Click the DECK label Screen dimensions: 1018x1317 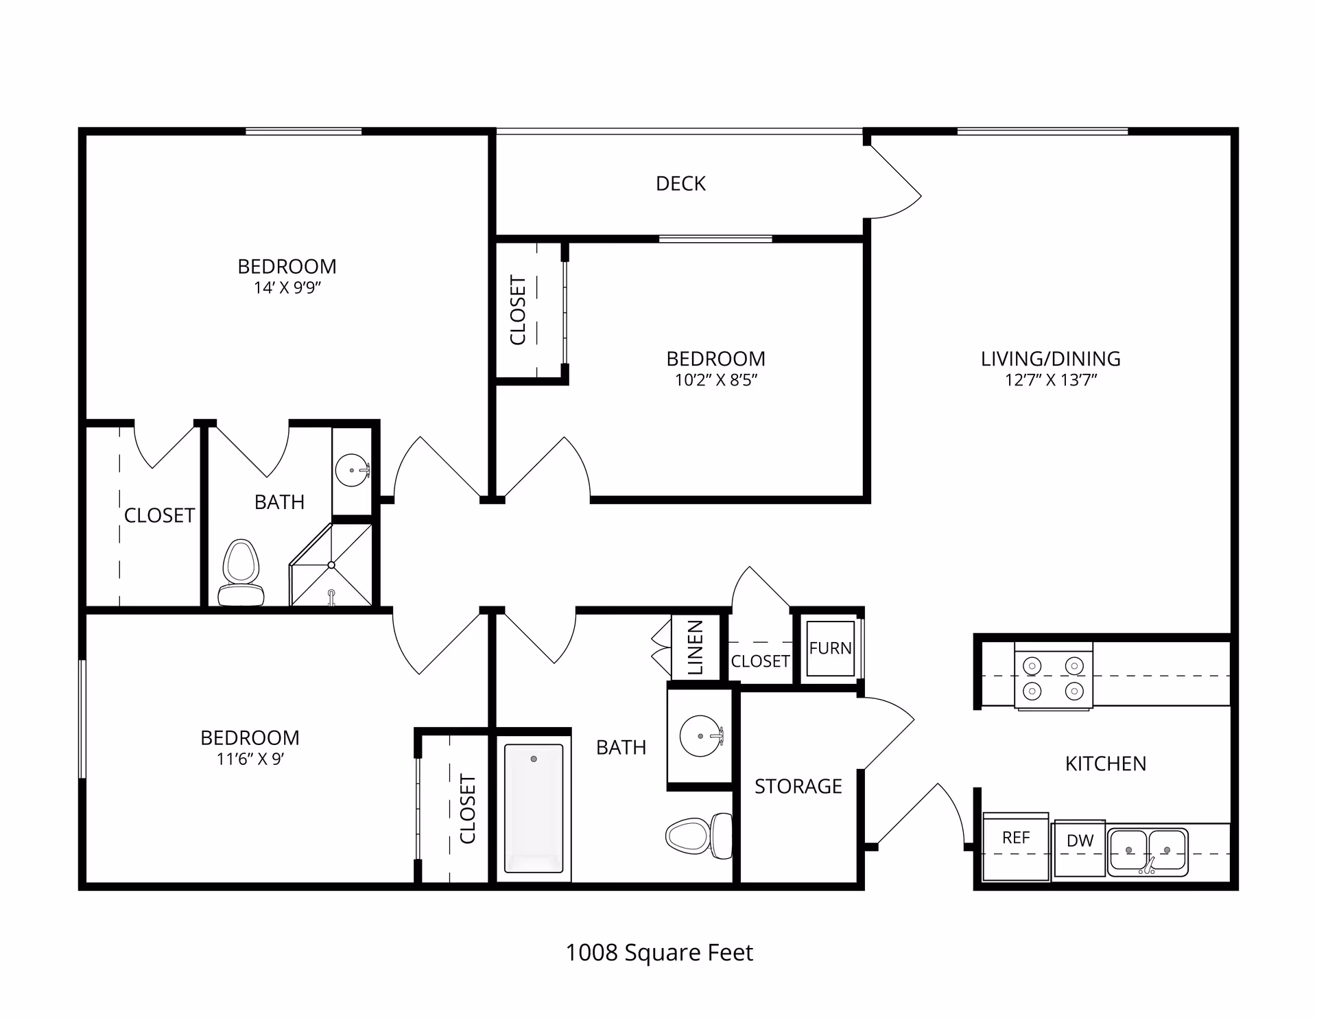[680, 183]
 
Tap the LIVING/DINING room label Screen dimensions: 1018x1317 [1050, 358]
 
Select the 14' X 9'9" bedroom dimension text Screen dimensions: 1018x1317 [287, 287]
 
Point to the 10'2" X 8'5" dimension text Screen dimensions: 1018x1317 [715, 380]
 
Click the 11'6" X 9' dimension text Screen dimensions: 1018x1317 [250, 759]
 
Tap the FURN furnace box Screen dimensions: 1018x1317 [830, 648]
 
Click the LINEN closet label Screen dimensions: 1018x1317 [696, 648]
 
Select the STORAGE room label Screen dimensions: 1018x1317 [798, 786]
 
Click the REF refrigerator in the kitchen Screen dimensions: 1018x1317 [1016, 845]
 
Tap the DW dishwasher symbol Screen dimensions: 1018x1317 [1080, 848]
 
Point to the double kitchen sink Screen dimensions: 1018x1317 [1148, 851]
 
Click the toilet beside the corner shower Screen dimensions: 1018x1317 [241, 573]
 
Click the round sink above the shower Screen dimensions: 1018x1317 [353, 471]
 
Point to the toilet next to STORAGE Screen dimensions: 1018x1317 [698, 834]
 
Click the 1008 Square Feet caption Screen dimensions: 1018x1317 [659, 952]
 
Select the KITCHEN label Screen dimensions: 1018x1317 [1105, 763]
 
